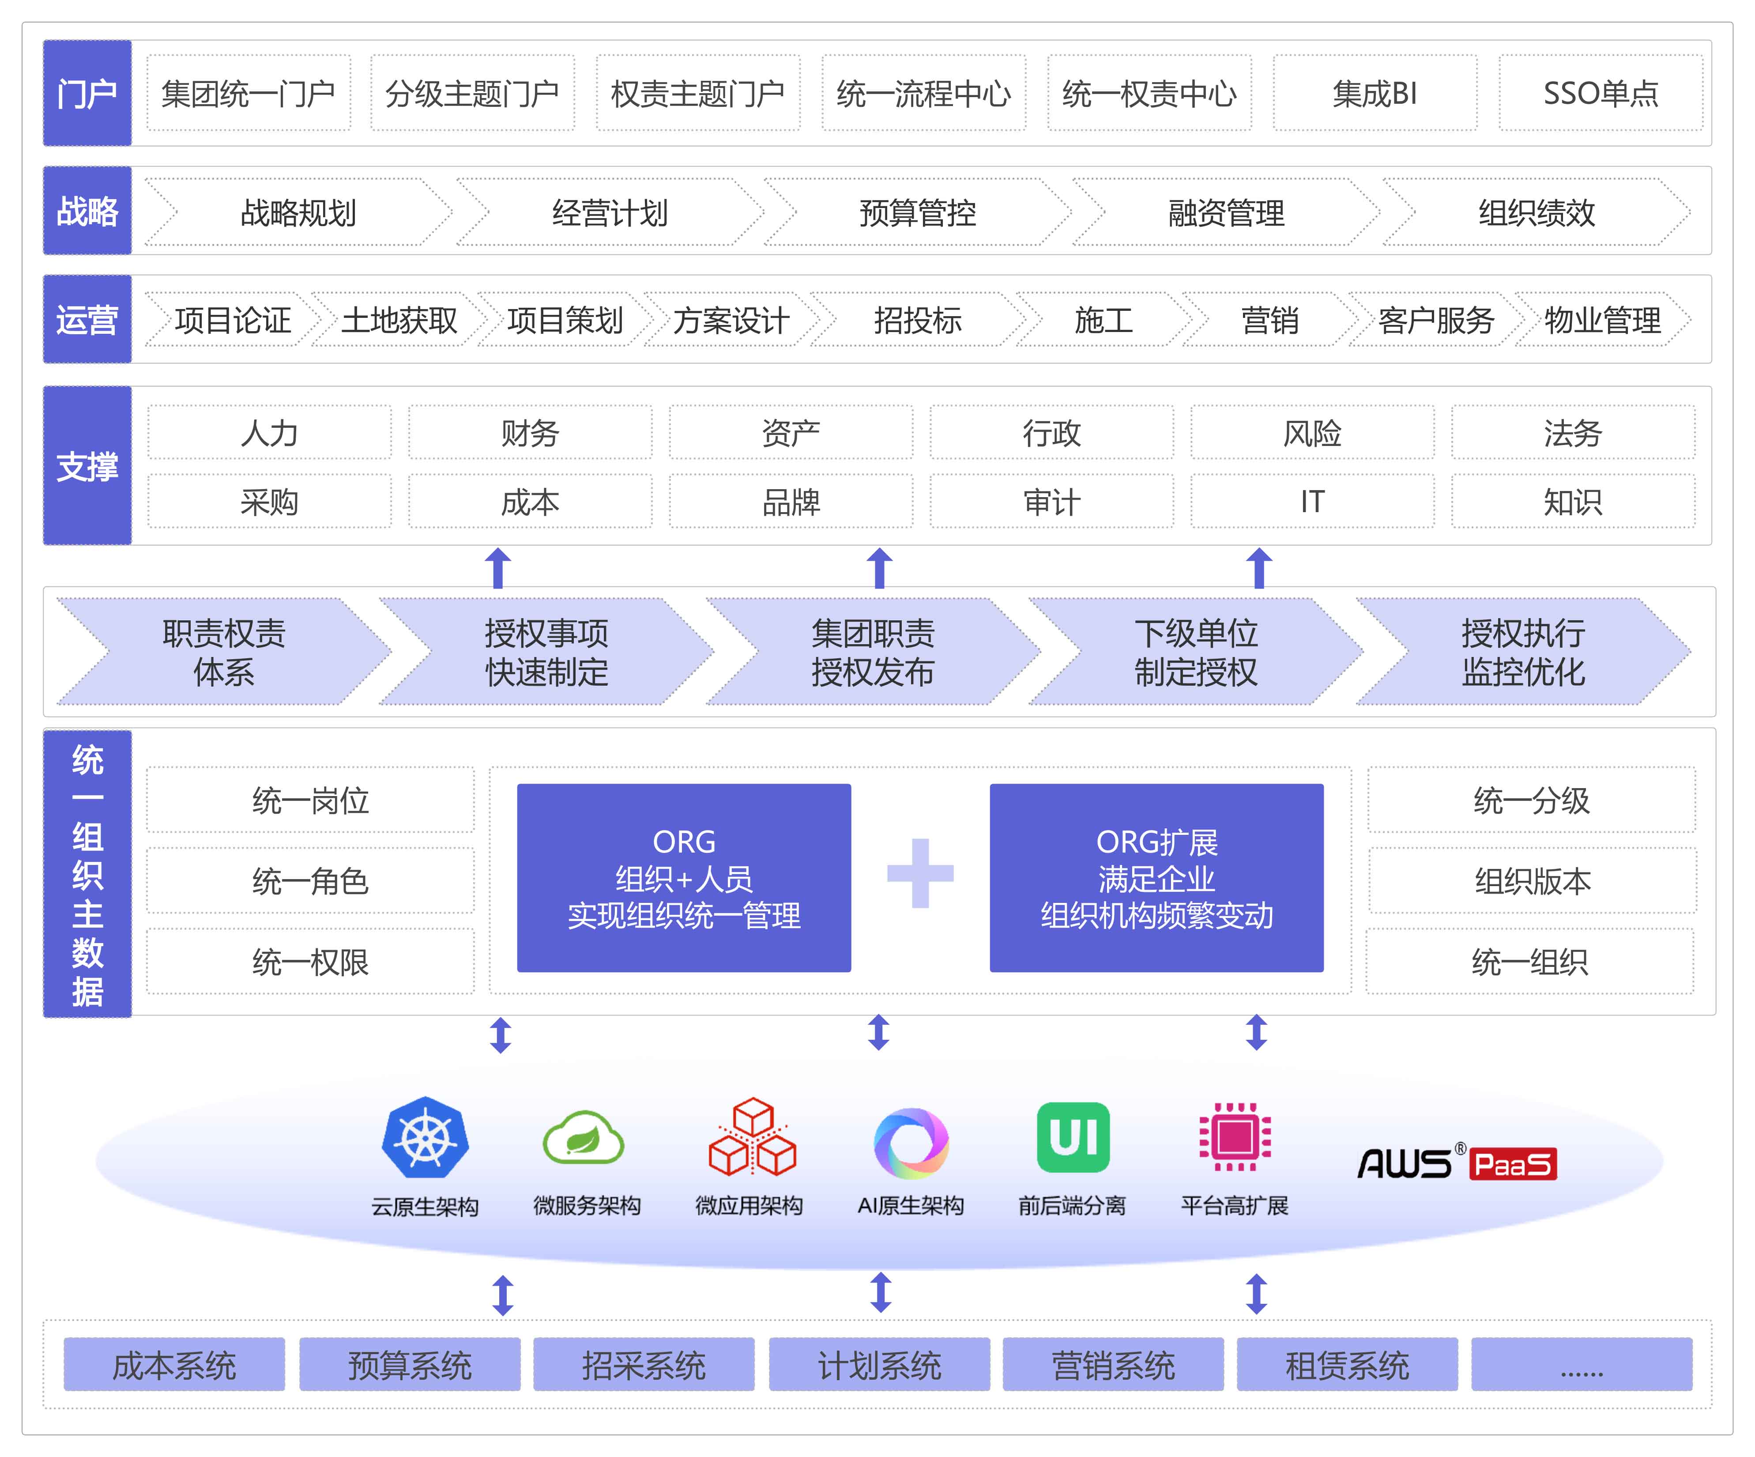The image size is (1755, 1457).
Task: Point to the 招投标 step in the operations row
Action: (x=917, y=319)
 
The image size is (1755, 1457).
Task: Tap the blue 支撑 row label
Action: (x=87, y=466)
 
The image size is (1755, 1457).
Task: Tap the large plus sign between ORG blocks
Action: (x=920, y=873)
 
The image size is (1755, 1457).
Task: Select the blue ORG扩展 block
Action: (x=1156, y=878)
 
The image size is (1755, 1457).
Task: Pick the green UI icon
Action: (x=1073, y=1137)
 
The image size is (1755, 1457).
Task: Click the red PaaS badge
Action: (x=1513, y=1163)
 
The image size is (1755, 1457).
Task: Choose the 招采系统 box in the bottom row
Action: (x=644, y=1365)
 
